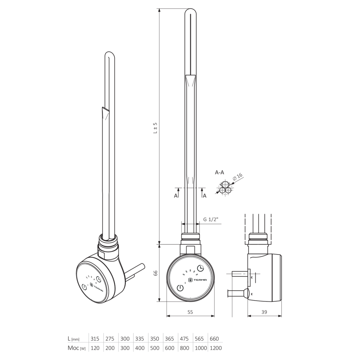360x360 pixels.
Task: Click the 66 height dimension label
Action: [x=156, y=273]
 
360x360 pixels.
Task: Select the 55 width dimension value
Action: [x=190, y=312]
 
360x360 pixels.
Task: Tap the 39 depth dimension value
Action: [x=264, y=312]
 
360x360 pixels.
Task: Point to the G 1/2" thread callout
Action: [x=211, y=219]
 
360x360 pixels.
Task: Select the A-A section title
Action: [x=219, y=172]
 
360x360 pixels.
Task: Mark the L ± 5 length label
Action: [x=155, y=128]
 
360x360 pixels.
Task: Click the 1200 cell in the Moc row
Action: [x=216, y=348]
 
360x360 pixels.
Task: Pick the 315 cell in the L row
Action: [x=95, y=339]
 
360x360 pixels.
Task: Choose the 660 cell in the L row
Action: [x=214, y=339]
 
